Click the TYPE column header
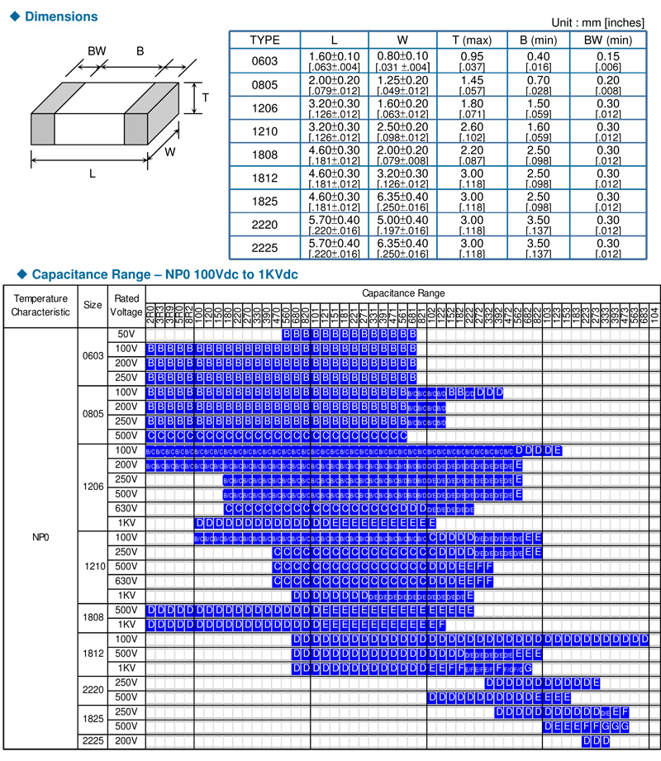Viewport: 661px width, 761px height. coord(264,40)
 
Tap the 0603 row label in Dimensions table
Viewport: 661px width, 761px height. coord(264,61)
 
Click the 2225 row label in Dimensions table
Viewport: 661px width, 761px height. coord(264,248)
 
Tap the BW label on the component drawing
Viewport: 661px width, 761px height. coord(97,50)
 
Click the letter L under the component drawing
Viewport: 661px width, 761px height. coord(92,174)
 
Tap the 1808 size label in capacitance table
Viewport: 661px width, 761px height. coord(93,617)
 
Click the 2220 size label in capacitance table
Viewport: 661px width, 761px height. coord(93,690)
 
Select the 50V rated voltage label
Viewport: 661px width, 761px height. coord(126,334)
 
